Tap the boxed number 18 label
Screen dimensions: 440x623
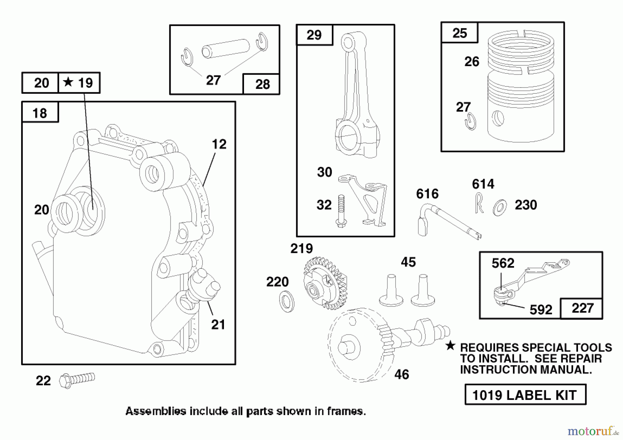tap(40, 113)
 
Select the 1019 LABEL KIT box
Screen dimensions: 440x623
tap(525, 395)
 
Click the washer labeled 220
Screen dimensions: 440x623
tap(287, 301)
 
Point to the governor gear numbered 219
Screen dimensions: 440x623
tap(324, 283)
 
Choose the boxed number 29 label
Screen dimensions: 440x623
tap(314, 35)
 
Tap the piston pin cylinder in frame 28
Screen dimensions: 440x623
tap(225, 48)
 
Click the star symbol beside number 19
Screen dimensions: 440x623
tap(68, 82)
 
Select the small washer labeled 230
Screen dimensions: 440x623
tap(499, 207)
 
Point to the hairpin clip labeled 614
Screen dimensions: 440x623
tap(479, 203)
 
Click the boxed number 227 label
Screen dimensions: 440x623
tap(583, 308)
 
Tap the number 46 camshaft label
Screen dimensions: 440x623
tap(401, 374)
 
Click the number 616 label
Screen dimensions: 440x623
tap(427, 194)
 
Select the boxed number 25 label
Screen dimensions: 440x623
tap(459, 33)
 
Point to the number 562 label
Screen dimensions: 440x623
tap(503, 263)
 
